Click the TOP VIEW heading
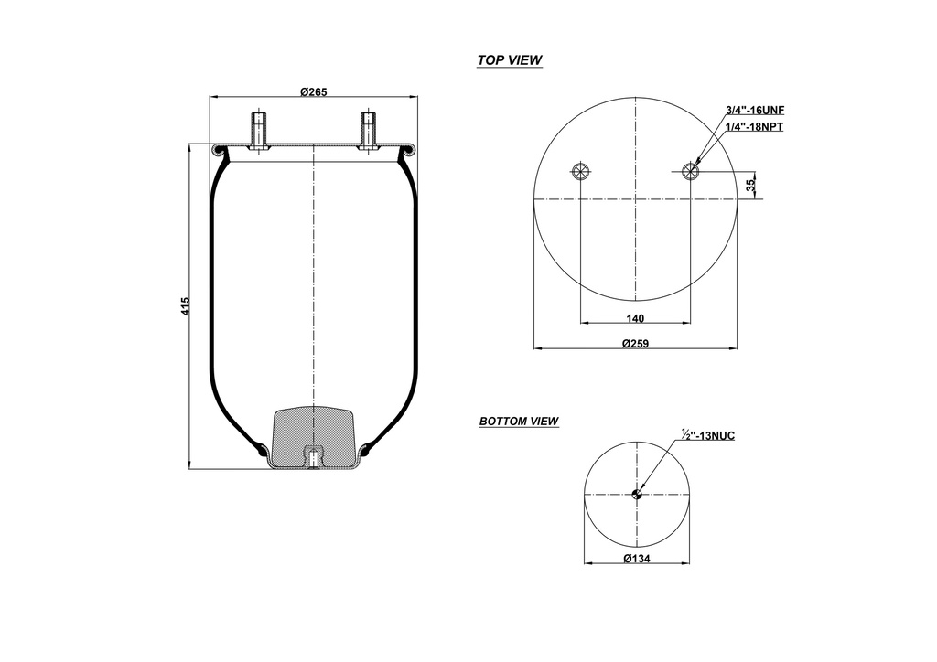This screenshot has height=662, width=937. point(509,60)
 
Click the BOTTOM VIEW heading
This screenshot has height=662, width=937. point(519,422)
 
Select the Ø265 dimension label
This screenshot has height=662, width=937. point(313,91)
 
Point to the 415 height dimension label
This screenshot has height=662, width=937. point(186,306)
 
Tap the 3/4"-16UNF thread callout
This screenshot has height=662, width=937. point(755,110)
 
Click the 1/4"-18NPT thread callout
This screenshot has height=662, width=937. point(755,127)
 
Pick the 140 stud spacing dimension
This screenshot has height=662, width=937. point(635,318)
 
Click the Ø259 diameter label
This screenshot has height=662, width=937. point(635,344)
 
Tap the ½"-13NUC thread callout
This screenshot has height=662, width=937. point(707,435)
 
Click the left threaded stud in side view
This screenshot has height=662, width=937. point(259,130)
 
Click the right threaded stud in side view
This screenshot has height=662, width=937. point(367,130)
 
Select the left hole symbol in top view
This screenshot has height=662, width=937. point(580,172)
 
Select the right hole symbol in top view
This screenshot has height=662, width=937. point(692,172)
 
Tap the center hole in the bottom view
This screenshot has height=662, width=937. point(637,495)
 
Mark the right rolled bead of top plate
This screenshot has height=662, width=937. point(408,149)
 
